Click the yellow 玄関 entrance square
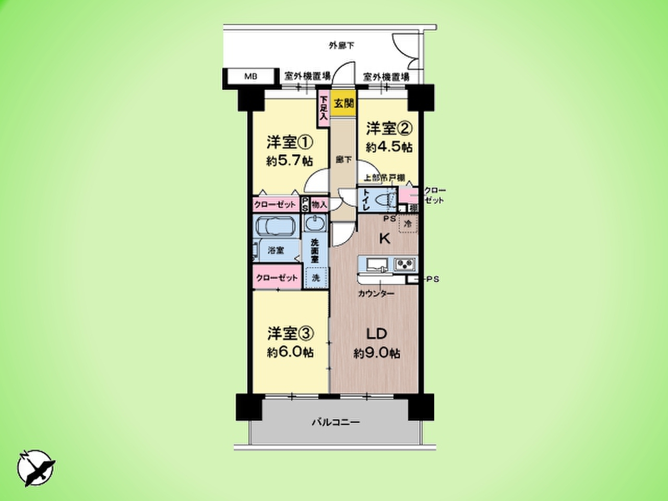[344, 103]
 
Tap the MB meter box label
[251, 77]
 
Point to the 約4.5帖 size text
[389, 147]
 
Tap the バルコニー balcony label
[336, 422]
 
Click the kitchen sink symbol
[374, 265]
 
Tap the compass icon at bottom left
[37, 467]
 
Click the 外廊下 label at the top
[341, 46]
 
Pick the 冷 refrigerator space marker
[408, 224]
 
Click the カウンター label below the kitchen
[376, 294]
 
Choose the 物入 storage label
[319, 205]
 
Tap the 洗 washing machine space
[316, 277]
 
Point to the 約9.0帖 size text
[377, 354]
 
